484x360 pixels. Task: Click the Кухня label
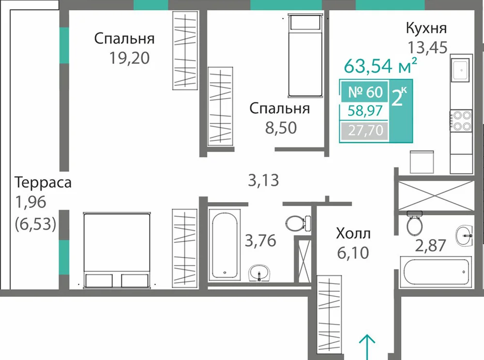click(426, 28)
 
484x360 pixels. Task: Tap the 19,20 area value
click(130, 58)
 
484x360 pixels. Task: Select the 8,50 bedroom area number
click(281, 128)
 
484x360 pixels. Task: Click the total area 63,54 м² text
click(380, 65)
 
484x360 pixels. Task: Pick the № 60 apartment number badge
click(365, 91)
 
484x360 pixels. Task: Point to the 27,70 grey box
click(365, 131)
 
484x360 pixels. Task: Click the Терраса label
click(43, 182)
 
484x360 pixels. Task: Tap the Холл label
click(353, 234)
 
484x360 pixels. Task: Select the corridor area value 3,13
click(263, 180)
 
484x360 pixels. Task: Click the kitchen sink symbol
click(461, 70)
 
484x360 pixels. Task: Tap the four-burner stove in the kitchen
click(461, 120)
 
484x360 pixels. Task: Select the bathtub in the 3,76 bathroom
click(225, 245)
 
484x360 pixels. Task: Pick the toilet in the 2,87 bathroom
click(415, 223)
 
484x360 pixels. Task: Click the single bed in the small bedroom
click(305, 56)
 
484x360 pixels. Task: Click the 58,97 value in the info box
click(365, 110)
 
